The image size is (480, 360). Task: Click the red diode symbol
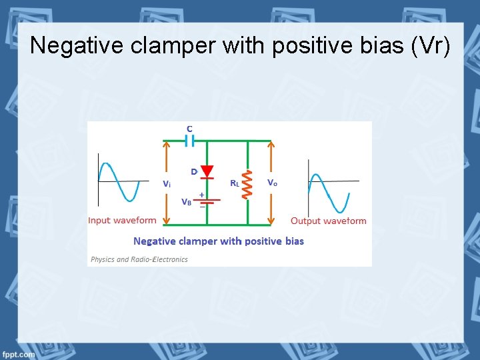pos(207,172)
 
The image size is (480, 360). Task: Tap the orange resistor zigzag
pos(247,184)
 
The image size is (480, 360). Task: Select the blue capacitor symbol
pos(189,141)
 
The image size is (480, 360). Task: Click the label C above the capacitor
pos(189,128)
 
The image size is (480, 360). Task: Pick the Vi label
pos(167,184)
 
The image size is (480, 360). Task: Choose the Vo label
pos(272,183)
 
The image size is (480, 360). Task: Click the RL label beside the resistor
pos(235,183)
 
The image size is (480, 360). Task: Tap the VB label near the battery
pos(187,201)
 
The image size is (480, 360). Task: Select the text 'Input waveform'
pos(123,221)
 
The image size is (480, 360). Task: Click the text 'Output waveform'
pos(328,221)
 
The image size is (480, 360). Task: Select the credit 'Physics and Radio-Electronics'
pos(139,259)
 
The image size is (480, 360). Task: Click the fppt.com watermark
pos(19,354)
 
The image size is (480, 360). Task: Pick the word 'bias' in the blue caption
pos(291,241)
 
